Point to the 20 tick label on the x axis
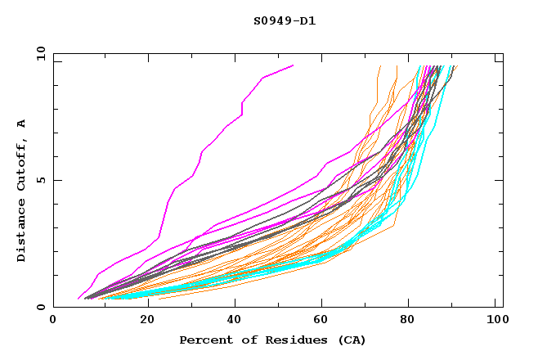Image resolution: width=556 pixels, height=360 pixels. pyautogui.click(x=142, y=321)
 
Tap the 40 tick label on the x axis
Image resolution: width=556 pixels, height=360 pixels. pyautogui.click(x=231, y=321)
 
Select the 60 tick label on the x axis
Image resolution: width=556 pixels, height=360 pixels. pyautogui.click(x=320, y=321)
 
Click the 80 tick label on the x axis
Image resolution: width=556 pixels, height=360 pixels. pyautogui.click(x=408, y=321)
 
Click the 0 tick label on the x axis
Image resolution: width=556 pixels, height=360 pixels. pyautogui.click(x=53, y=321)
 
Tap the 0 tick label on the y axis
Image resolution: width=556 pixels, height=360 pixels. pyautogui.click(x=40, y=308)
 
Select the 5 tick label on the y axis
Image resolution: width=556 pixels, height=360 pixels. pyautogui.click(x=40, y=180)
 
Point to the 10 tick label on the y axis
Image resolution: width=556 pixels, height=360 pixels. pyautogui.click(x=38, y=53)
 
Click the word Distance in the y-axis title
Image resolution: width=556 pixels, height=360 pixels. pyautogui.click(x=22, y=232)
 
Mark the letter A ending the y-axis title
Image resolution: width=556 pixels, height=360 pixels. pyautogui.click(x=22, y=123)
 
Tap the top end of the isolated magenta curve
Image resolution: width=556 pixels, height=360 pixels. pyautogui.click(x=293, y=65)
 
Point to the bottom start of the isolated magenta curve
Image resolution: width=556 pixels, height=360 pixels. pyautogui.click(x=78, y=299)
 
